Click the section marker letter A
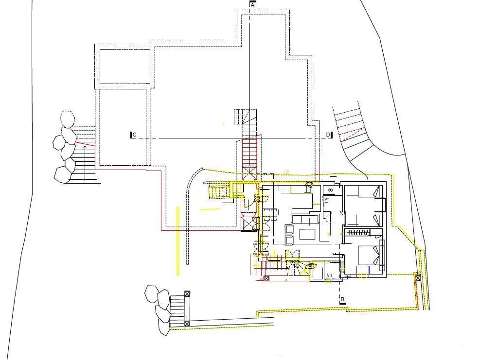point(252,5)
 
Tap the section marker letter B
point(342,299)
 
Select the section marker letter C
point(134,135)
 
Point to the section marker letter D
point(328,135)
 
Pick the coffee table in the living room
point(307,234)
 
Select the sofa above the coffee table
point(305,219)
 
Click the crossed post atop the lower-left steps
point(187,294)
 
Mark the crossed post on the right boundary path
point(418,278)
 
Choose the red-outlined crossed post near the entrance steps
point(266,278)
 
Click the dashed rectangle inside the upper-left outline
point(125,67)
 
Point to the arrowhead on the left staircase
point(85,147)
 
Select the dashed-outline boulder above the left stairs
point(68,119)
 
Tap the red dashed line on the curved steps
point(353,134)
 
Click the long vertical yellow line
point(178,241)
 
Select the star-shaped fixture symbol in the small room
point(331,190)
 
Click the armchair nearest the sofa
point(289,229)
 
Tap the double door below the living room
point(292,255)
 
